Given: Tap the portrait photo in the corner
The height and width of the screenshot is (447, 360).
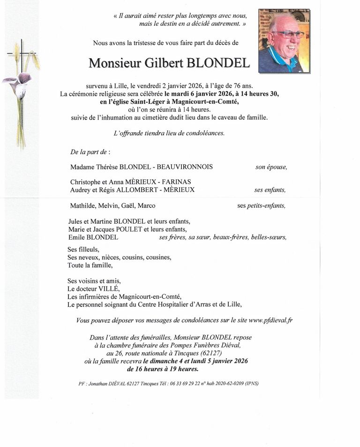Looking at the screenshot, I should pos(284,41).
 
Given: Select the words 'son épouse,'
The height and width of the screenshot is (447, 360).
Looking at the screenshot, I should pos(271,167).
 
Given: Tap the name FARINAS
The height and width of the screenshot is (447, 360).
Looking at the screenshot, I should pos(176,182).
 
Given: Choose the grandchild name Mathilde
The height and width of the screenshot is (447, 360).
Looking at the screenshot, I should pos(82,205).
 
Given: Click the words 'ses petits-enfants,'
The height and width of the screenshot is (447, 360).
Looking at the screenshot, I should pos(261,205).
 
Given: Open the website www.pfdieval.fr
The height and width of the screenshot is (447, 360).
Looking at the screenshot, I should pos(270,320).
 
